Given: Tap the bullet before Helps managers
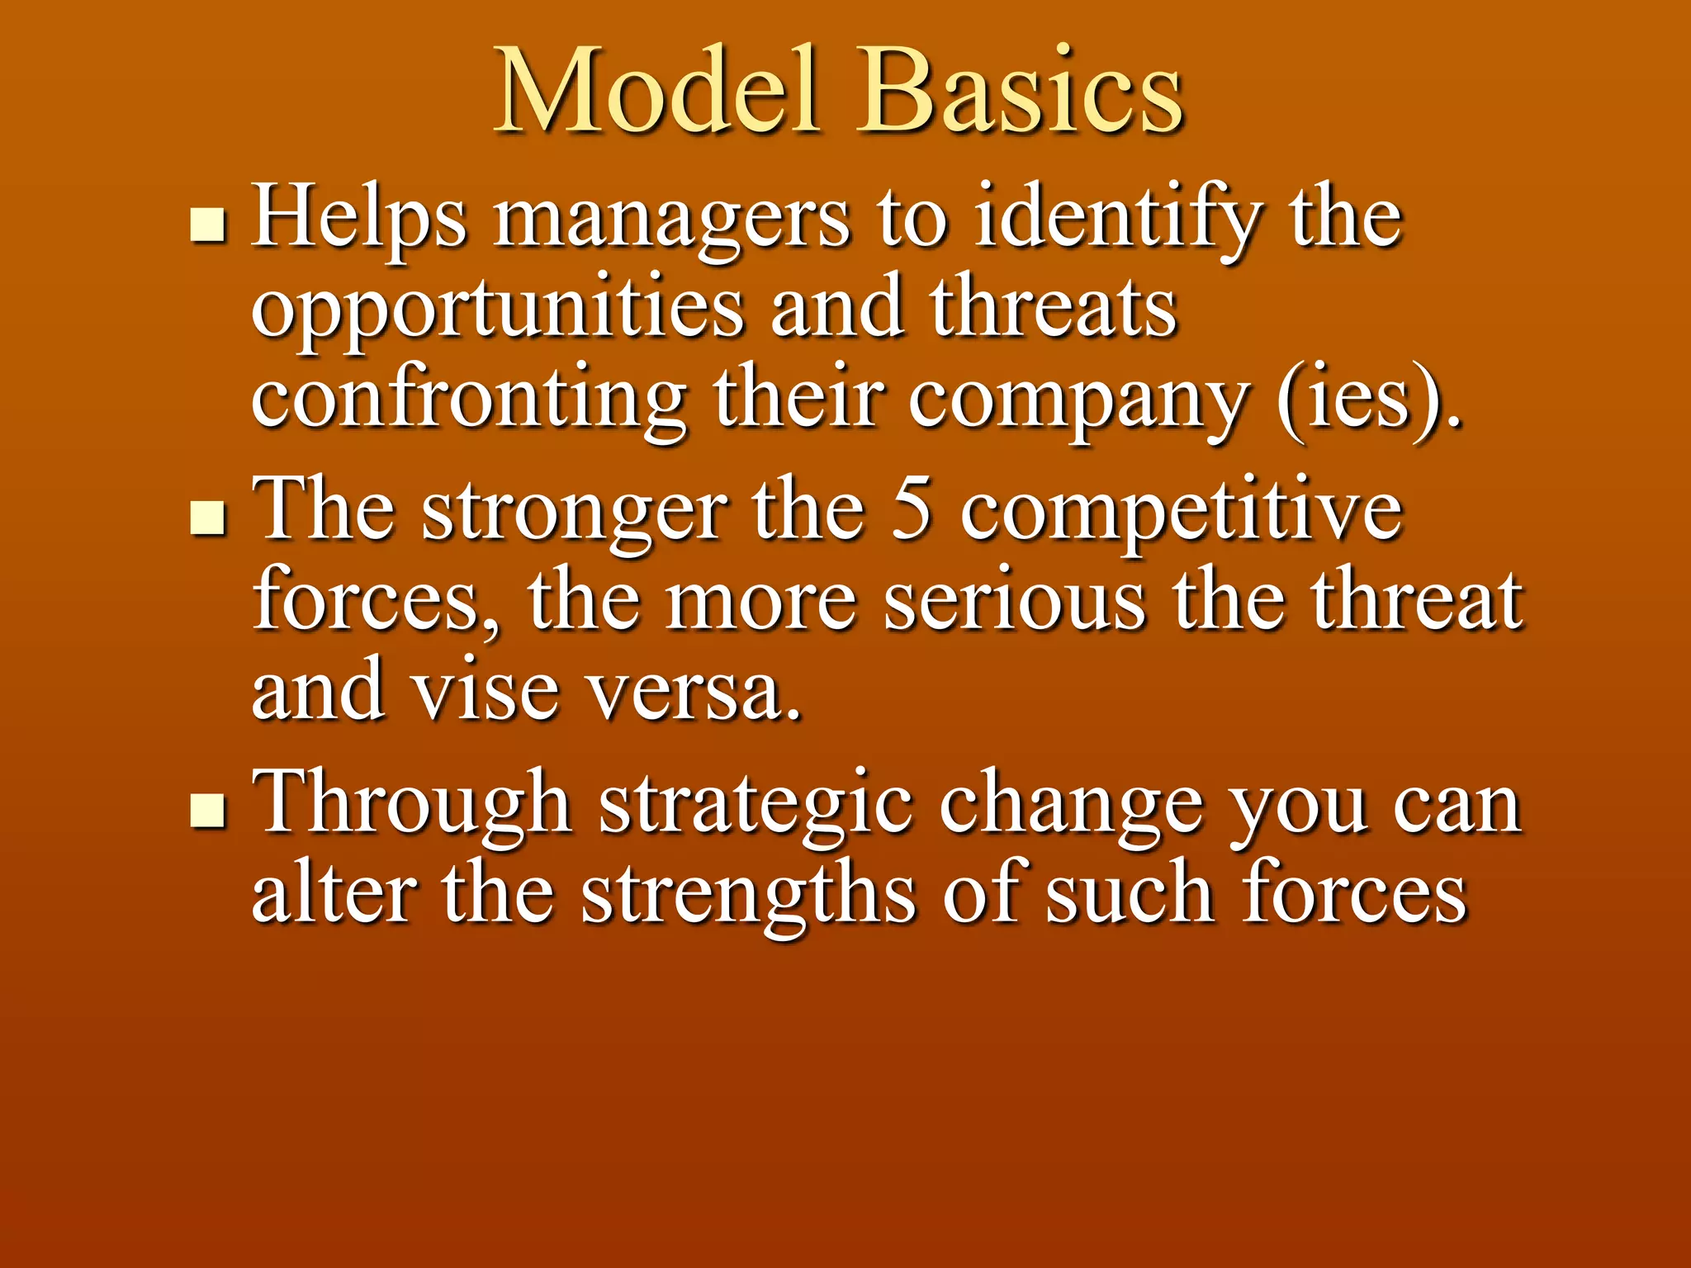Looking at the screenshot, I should [207, 224].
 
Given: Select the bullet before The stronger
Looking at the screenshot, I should [207, 518].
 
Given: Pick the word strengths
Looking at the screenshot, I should [748, 897].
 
